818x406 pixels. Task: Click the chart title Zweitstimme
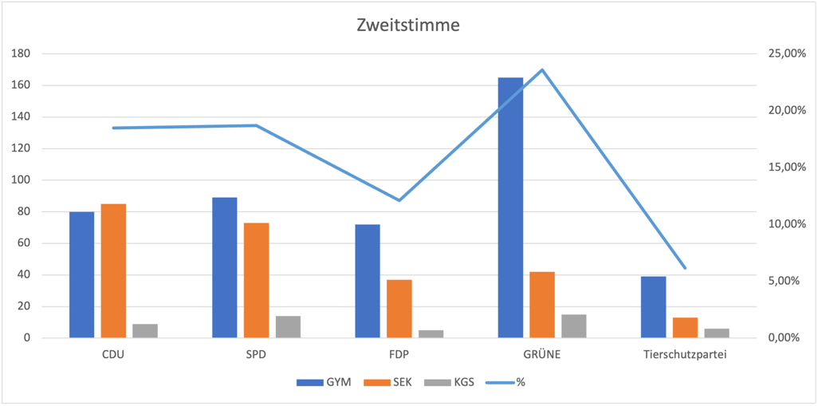407,26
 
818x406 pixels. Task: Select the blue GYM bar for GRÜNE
510,207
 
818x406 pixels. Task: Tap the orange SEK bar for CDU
113,271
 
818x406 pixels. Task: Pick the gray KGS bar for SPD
288,327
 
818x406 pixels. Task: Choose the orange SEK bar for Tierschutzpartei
685,328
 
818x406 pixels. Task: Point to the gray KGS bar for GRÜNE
574,326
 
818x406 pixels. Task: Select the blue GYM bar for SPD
225,267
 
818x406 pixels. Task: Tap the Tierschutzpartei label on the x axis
685,354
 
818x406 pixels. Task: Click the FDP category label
399,354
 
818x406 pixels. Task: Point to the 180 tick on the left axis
21,53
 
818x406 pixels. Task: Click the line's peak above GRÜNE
542,70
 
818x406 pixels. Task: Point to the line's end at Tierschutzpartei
685,268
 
